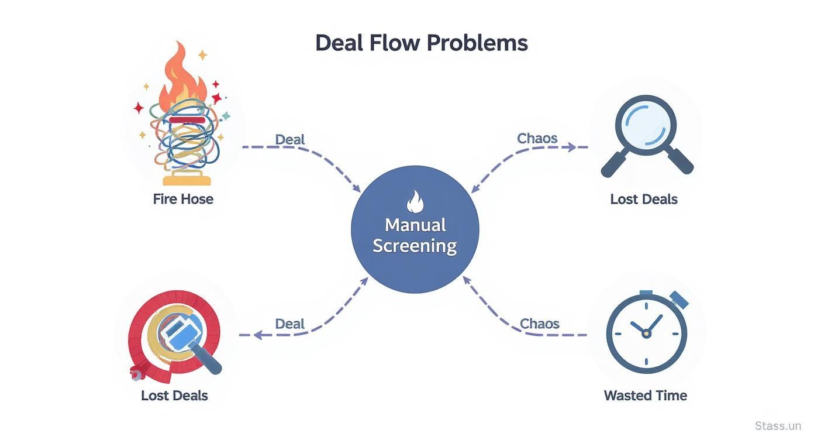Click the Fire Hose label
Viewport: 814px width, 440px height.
183,199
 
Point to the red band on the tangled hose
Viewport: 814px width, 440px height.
187,120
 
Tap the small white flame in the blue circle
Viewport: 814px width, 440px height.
414,203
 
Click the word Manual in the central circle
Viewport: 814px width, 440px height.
415,225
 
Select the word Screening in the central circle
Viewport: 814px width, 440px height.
415,246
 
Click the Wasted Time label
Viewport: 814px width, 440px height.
645,396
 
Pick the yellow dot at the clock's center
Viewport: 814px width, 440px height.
646,334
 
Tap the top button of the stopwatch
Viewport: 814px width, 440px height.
646,293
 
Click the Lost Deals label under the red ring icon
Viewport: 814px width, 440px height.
174,396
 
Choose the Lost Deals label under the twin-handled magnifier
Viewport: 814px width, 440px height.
643,199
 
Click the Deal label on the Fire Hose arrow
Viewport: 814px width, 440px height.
290,139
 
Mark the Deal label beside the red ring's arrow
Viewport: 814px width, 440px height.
290,324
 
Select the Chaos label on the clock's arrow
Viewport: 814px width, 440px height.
540,324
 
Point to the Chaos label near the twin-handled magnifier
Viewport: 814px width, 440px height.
537,139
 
